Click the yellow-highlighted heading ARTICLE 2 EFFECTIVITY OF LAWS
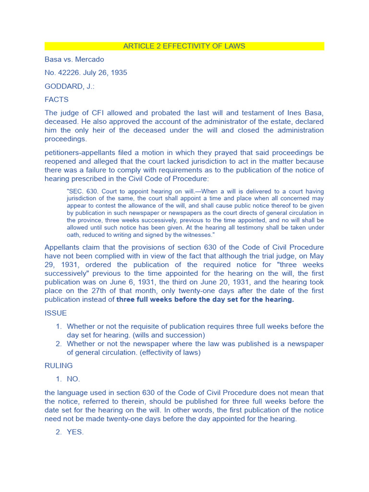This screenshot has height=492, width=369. coord(184,46)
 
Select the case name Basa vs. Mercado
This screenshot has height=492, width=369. coord(74,60)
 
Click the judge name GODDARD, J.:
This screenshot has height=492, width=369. coord(69,86)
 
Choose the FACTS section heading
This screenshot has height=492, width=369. coord(57,100)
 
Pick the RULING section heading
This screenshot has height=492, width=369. coord(59,366)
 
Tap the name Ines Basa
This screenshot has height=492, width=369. coord(305,113)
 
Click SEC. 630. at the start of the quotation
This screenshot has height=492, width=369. coord(81,191)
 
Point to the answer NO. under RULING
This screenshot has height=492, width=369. coord(74,379)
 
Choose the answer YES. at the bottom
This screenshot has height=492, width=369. coord(75,432)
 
